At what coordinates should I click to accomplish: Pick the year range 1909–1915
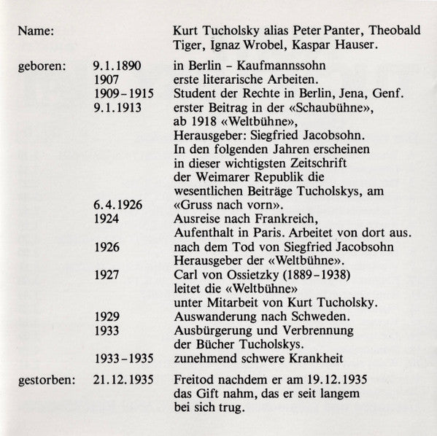click(125, 93)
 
